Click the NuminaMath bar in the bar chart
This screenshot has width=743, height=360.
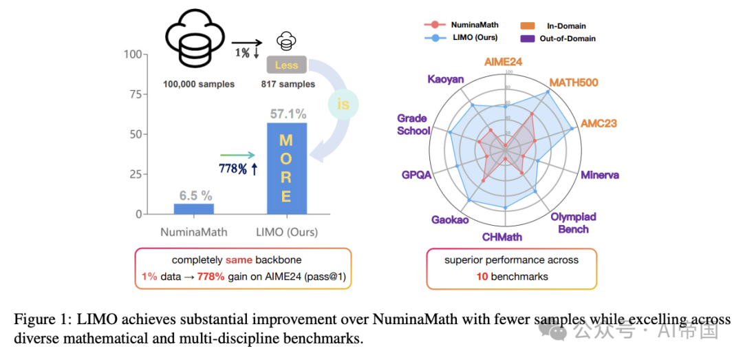(x=193, y=209)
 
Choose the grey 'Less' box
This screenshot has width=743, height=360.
(x=286, y=65)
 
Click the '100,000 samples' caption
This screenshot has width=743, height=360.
(x=199, y=84)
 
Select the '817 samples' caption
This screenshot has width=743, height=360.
(x=288, y=84)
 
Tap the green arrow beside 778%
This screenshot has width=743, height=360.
(x=237, y=155)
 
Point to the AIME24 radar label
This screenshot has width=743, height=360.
(x=504, y=61)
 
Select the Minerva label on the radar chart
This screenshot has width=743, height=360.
(x=599, y=175)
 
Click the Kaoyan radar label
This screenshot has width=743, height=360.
(x=446, y=78)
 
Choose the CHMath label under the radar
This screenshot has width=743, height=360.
(x=502, y=237)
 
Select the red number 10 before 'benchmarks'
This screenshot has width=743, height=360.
(x=482, y=276)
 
